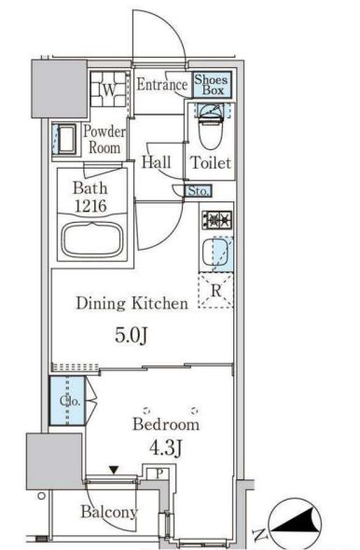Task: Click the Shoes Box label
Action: tap(211, 85)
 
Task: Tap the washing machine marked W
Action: tap(109, 89)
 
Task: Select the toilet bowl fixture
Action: tap(211, 126)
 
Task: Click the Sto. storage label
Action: tap(199, 191)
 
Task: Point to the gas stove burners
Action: tap(217, 220)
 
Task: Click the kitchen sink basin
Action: tap(217, 254)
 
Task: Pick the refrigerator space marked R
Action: tap(216, 291)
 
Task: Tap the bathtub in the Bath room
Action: tap(92, 240)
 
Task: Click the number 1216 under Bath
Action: tap(90, 206)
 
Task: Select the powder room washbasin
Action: tap(65, 139)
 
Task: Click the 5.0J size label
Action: tap(131, 336)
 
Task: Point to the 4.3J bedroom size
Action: tap(165, 448)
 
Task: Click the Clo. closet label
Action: tap(70, 401)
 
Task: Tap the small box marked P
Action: tap(159, 474)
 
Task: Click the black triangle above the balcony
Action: tap(114, 470)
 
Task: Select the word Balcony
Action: tap(109, 512)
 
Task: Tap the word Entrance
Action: tap(161, 85)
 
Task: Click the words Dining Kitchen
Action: tap(132, 303)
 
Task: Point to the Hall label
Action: tap(156, 162)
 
